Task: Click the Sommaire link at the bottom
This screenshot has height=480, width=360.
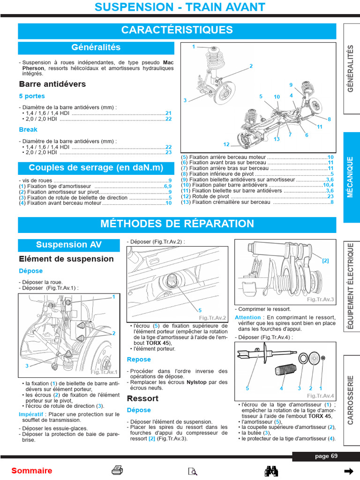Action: [x=32, y=471]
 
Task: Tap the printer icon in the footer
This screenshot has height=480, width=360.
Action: [x=117, y=470]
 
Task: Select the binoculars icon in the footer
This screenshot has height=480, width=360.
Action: [x=272, y=471]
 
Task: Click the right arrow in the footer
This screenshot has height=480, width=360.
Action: [x=348, y=471]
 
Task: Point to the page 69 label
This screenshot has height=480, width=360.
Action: [x=326, y=456]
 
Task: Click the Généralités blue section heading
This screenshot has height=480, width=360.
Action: [x=96, y=47]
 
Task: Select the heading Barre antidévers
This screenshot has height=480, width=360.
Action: [x=52, y=84]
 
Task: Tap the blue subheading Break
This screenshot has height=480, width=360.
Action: [x=28, y=129]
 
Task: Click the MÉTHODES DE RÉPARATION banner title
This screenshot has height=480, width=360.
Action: [x=177, y=224]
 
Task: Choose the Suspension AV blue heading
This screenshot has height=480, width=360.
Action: [x=68, y=245]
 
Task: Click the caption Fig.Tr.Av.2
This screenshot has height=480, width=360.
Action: [x=212, y=318]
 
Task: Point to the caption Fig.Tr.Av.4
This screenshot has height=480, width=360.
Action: [x=320, y=395]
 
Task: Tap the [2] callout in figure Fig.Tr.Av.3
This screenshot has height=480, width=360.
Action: [x=325, y=261]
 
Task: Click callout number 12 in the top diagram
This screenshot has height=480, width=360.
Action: [x=226, y=144]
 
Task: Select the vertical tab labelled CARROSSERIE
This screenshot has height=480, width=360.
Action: [x=351, y=399]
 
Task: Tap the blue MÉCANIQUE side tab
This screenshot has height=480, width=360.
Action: [x=351, y=177]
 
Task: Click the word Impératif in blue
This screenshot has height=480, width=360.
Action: [x=31, y=414]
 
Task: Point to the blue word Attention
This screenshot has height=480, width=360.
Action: [x=247, y=317]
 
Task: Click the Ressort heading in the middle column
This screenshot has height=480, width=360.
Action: [x=142, y=398]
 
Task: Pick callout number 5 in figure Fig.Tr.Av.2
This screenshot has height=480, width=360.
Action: [x=200, y=310]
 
